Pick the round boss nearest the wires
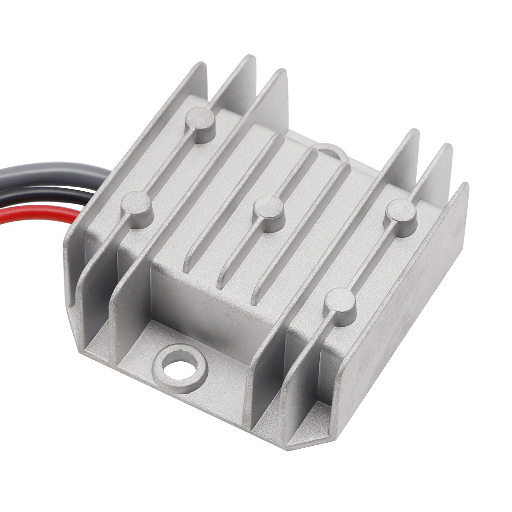tap(136, 203)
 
